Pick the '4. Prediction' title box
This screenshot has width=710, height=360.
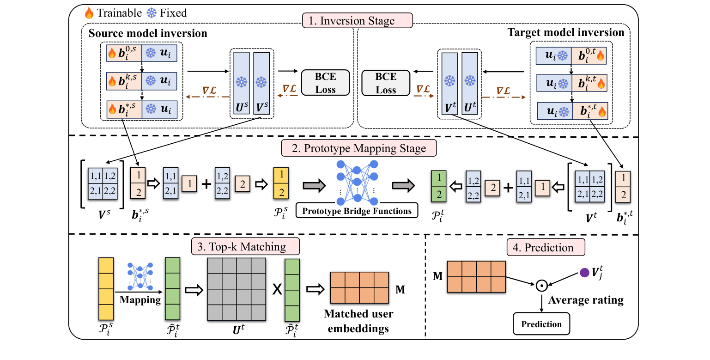point(546,247)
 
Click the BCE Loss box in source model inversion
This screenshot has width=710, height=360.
point(326,82)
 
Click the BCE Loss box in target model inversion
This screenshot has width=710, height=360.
point(386,82)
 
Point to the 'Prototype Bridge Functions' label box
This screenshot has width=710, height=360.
point(356,211)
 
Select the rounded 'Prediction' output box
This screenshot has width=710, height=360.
point(541,324)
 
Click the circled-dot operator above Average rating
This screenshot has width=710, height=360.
point(541,286)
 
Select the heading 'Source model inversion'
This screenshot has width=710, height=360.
point(148,33)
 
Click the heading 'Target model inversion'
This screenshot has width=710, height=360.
point(566,32)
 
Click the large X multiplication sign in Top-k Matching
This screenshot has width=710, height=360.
point(277,289)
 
